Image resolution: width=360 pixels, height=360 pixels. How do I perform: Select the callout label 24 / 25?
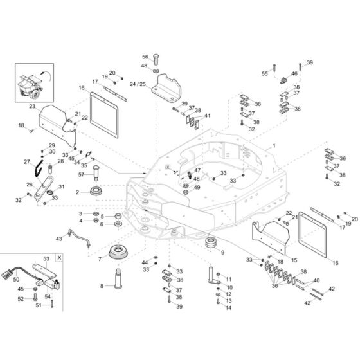(x=138, y=84)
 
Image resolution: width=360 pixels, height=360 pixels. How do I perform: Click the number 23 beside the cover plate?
(x=32, y=106)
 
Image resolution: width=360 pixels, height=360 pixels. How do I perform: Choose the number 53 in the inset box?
(x=45, y=258)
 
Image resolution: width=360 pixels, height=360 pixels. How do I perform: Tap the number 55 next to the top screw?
(x=264, y=75)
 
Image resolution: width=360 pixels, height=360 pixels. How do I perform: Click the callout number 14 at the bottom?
(x=228, y=308)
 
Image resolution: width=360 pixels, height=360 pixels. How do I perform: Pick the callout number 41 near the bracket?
(x=208, y=116)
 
